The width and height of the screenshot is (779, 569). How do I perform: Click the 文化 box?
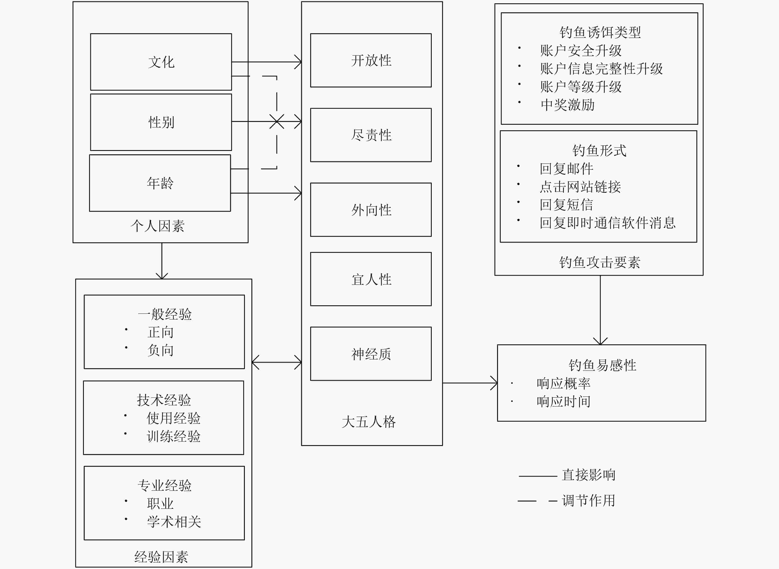click(161, 62)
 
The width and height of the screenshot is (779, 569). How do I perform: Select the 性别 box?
click(161, 122)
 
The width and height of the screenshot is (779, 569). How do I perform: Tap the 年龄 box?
click(160, 183)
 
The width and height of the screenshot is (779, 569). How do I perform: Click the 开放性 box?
click(371, 60)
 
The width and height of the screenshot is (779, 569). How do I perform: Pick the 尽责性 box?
click(371, 135)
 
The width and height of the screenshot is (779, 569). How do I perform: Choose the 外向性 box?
click(371, 210)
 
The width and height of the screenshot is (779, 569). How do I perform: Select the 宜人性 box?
click(371, 279)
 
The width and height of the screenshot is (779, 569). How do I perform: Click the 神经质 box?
click(371, 354)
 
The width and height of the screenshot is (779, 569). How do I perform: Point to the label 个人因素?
click(158, 226)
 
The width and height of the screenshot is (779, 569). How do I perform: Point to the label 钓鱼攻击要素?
click(600, 262)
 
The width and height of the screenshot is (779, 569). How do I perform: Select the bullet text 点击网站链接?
click(580, 187)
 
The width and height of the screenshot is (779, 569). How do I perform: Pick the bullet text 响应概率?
click(563, 383)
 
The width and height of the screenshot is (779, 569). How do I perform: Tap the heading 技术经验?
click(164, 400)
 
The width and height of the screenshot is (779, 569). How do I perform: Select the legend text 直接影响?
click(589, 475)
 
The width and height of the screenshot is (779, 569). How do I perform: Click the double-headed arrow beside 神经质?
click(277, 362)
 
